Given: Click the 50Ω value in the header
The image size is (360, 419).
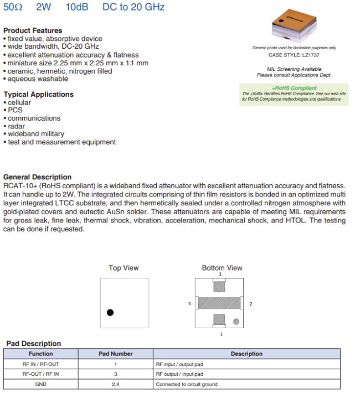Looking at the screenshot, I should tap(13, 8).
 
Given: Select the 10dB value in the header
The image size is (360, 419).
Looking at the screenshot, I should tap(76, 8).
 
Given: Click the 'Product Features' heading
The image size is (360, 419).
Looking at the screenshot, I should tap(33, 30).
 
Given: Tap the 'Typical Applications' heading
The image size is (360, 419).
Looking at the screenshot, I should tap(38, 95).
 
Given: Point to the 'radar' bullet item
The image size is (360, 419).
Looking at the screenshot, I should tap(16, 126).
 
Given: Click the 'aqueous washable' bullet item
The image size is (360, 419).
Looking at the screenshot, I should tap(34, 79).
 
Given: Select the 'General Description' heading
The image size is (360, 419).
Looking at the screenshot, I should tap(37, 177).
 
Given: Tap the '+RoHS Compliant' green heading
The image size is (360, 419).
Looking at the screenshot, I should tap(294, 88).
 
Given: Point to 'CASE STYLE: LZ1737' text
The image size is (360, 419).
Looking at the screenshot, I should tap(294, 55).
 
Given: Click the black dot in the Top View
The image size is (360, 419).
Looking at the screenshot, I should tap(110, 312).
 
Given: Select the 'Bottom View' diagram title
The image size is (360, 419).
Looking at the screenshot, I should tap(222, 268).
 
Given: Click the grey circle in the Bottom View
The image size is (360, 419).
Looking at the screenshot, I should tap(236, 321).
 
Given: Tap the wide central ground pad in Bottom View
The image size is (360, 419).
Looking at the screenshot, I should tap(219, 303).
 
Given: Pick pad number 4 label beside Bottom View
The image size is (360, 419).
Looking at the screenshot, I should tap(189, 303).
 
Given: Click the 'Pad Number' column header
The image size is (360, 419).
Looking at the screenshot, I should tap(115, 354).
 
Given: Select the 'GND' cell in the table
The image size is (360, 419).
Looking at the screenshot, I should tap(40, 384).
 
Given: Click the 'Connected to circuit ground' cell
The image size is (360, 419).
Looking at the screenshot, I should tap(183, 384).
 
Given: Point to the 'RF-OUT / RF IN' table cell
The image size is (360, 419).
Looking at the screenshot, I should tap(40, 374).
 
